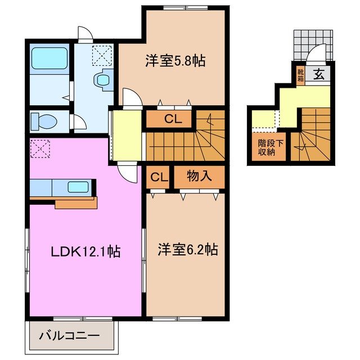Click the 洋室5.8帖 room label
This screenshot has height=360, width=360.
175,61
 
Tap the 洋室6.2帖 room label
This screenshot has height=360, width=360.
187,249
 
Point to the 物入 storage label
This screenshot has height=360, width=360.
199,177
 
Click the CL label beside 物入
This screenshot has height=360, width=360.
159,177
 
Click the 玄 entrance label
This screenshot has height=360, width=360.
318,73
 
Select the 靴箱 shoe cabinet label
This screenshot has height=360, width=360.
300,75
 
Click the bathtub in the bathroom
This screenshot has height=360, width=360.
49,58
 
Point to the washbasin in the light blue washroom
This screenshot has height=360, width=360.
102,79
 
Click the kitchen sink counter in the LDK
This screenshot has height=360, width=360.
62,187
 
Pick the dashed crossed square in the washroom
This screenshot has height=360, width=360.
102,54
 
